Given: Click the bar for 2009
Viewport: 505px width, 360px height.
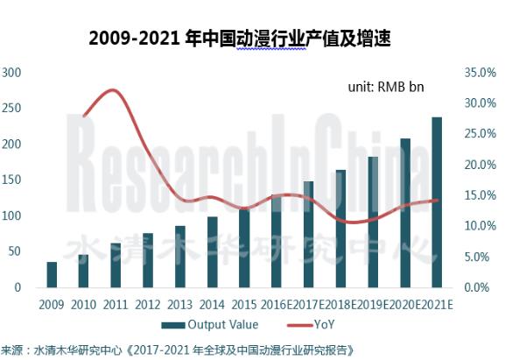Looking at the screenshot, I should (x=52, y=275).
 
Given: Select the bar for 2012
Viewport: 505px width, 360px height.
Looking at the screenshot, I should (x=148, y=260).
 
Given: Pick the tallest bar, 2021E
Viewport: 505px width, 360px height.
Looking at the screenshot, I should (x=437, y=202).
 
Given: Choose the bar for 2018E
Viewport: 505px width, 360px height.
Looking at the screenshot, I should (x=340, y=229).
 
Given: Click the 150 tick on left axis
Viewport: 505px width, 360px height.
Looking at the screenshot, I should (x=13, y=180).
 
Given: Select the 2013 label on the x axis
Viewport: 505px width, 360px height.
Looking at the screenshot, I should (x=180, y=302).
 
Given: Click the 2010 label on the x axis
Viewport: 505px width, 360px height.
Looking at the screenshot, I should (x=84, y=302).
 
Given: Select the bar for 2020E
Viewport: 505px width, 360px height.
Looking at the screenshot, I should (x=404, y=213).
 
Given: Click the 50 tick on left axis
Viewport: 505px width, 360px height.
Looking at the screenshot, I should (x=16, y=251).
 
